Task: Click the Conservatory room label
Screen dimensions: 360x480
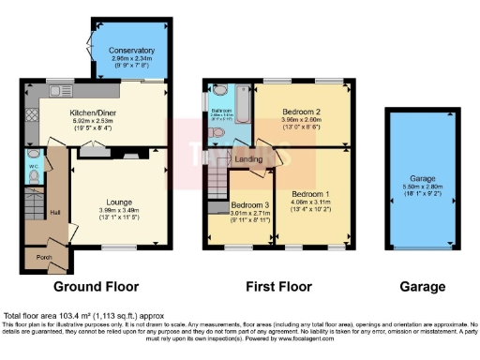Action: click(x=131, y=50)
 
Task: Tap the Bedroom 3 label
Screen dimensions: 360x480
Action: click(x=250, y=204)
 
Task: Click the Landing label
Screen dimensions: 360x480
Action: click(x=248, y=159)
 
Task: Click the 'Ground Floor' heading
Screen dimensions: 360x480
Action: click(x=97, y=286)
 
